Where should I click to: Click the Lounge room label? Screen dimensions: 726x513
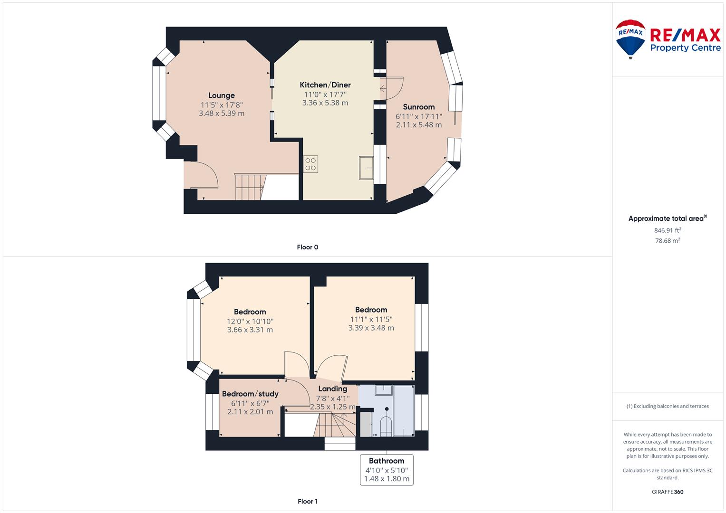click(222, 95)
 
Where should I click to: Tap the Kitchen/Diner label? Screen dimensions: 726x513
click(325, 85)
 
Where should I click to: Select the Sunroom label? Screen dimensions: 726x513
click(419, 107)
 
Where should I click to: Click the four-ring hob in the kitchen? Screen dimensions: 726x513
click(310, 164)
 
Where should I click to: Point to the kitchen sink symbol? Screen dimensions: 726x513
click(366, 168)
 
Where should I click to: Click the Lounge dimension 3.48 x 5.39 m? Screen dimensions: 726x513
click(222, 114)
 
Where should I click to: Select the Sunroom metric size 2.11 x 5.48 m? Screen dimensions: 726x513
click(419, 124)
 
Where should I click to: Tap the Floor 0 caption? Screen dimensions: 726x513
click(308, 247)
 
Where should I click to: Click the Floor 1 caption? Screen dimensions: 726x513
click(308, 501)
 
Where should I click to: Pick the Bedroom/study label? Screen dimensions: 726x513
click(250, 394)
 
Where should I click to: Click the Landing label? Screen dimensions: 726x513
click(332, 389)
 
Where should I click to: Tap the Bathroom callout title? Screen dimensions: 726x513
click(387, 461)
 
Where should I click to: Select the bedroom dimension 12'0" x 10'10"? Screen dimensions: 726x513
click(250, 321)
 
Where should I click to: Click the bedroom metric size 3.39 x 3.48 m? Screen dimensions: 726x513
click(371, 328)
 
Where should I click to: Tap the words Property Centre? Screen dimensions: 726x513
click(686, 48)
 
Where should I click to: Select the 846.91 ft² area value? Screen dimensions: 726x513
click(668, 230)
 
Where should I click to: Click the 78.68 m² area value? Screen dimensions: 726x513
click(668, 241)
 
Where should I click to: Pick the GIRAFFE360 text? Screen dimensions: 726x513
click(668, 492)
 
